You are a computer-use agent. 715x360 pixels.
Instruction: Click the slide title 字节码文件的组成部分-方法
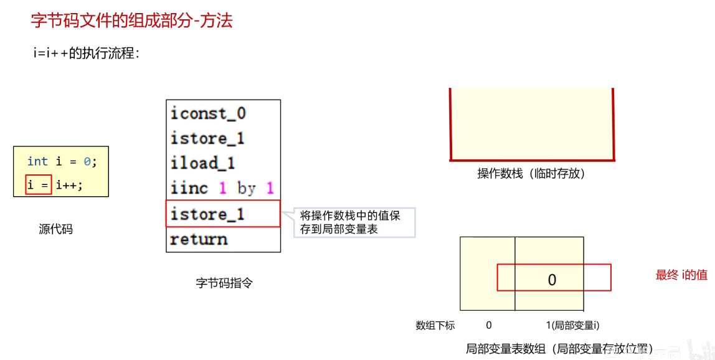[131, 21]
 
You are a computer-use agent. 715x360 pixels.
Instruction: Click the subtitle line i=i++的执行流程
[87, 54]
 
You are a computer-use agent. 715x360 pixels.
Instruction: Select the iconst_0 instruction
[208, 113]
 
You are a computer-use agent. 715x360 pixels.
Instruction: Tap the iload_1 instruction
[203, 163]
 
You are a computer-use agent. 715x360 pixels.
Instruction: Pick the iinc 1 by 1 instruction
[222, 188]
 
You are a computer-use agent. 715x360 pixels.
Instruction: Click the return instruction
[199, 239]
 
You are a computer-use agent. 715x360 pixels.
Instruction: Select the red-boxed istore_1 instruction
[207, 214]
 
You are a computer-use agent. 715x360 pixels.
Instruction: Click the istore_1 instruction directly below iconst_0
[207, 138]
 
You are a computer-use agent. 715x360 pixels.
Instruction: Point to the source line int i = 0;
[62, 161]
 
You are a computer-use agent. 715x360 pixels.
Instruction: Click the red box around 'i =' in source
[39, 185]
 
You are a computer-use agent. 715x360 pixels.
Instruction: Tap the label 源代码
[55, 229]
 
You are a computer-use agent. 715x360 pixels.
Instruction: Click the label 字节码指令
[224, 283]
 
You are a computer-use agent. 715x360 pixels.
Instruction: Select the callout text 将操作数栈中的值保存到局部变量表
[350, 222]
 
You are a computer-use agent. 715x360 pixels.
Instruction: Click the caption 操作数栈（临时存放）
[531, 174]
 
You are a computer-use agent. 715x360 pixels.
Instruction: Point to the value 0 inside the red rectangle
[552, 280]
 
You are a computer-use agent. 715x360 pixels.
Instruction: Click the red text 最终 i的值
[681, 275]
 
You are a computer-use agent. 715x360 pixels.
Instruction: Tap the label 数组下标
[435, 325]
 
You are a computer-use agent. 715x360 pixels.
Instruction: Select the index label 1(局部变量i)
[572, 325]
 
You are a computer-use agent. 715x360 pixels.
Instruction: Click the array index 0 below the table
[489, 325]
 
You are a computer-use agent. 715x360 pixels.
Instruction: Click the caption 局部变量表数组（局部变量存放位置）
[559, 349]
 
